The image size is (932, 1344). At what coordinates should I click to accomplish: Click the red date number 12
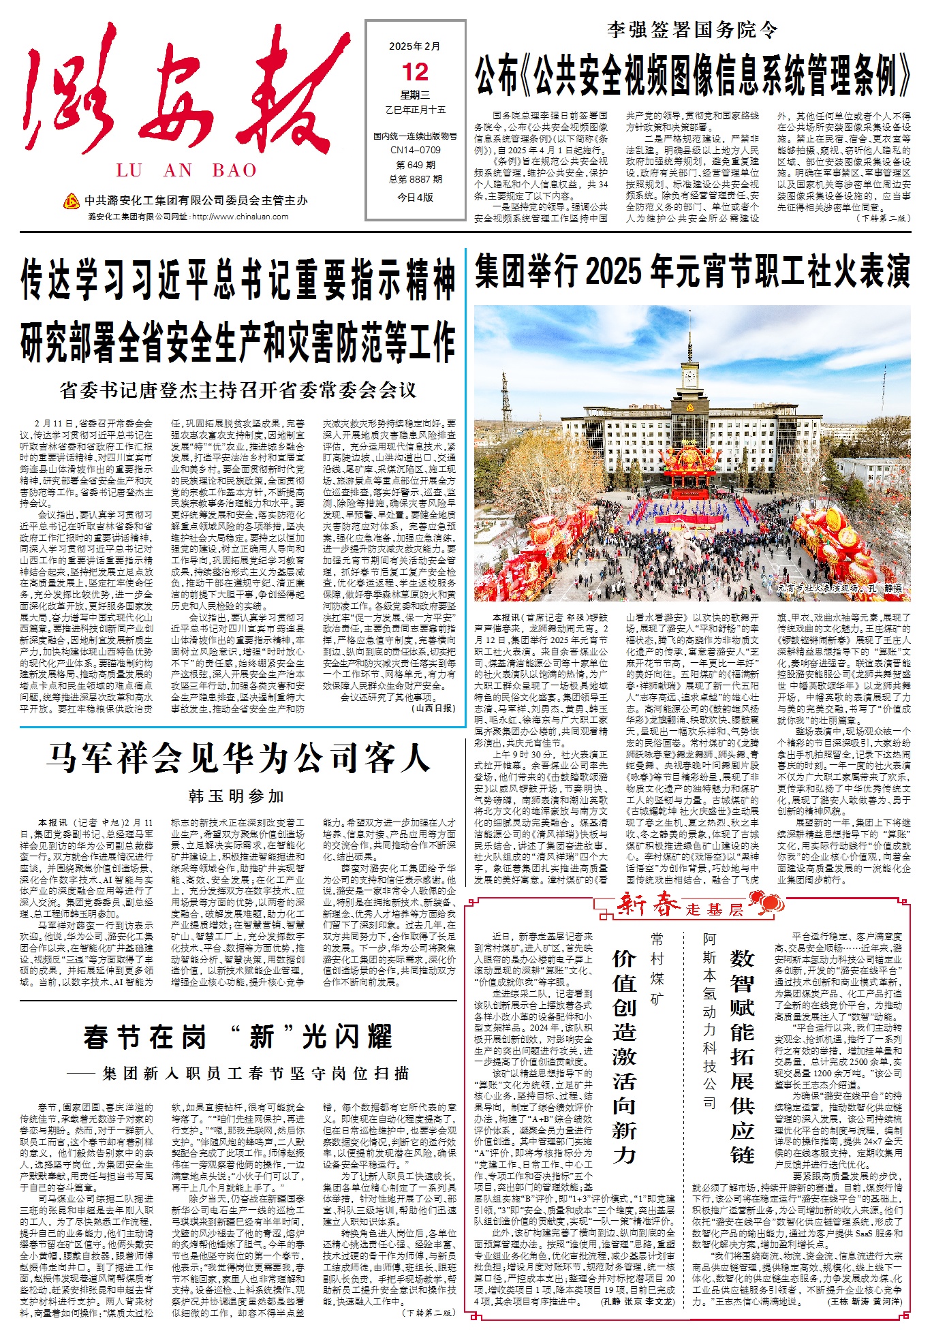tap(415, 72)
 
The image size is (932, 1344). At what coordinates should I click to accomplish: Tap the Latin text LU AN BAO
tap(186, 170)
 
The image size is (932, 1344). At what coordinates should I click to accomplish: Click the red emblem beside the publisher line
tap(71, 200)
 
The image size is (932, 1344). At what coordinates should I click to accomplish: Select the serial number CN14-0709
tap(415, 150)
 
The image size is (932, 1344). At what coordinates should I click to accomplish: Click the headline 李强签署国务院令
tap(692, 30)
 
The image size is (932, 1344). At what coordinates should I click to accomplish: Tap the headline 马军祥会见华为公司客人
tap(238, 758)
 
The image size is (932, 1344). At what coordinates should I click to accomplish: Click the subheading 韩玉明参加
tap(237, 796)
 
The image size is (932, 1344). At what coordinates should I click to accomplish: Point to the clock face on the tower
tap(691, 375)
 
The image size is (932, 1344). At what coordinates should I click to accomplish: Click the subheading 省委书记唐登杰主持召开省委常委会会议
tap(238, 390)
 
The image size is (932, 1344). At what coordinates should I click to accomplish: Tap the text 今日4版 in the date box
tap(415, 197)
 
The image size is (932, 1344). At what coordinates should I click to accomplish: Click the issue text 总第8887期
tap(415, 179)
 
